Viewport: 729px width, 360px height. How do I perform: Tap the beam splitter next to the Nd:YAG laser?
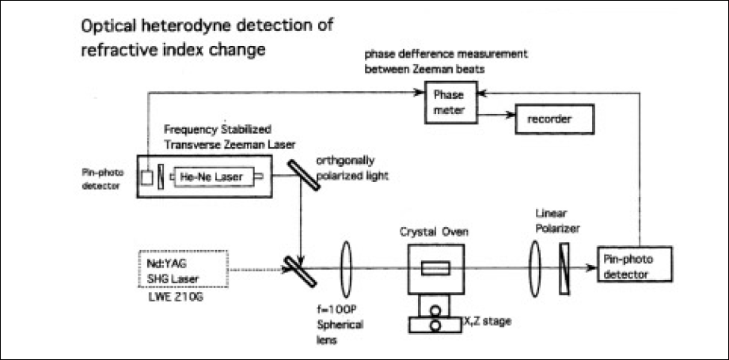click(x=304, y=269)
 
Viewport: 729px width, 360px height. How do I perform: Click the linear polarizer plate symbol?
click(x=563, y=268)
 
